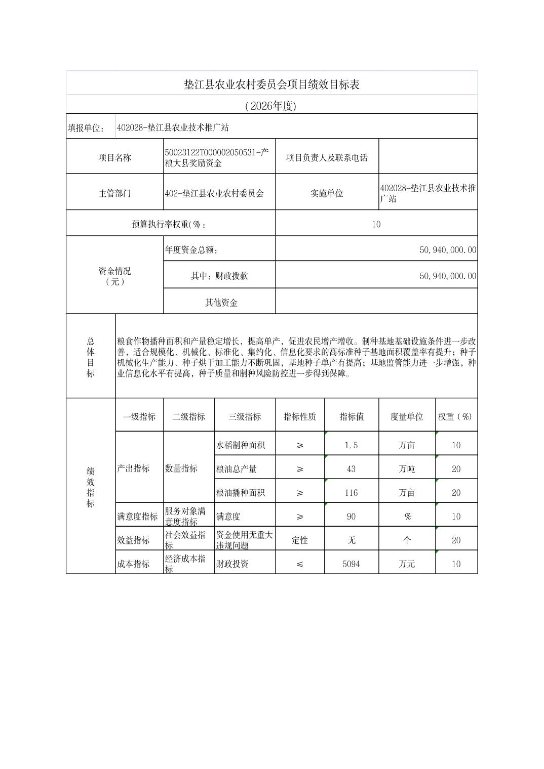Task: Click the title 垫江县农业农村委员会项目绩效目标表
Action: (271, 84)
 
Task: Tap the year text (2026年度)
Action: (270, 106)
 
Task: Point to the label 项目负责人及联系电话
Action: (327, 157)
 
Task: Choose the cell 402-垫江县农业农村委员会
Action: (214, 193)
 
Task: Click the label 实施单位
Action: (327, 193)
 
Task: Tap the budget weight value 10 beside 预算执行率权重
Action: (376, 224)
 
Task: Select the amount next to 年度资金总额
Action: (448, 250)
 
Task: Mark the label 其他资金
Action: (221, 303)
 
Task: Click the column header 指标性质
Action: (299, 416)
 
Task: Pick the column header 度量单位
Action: (406, 416)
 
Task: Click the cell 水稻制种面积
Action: (241, 445)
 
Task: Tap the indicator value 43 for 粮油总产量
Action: (351, 469)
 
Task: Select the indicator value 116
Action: (351, 493)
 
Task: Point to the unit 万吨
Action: (406, 469)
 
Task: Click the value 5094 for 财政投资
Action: (351, 564)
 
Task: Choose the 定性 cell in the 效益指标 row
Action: (299, 540)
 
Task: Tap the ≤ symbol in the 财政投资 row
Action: (299, 564)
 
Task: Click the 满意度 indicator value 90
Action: (351, 517)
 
